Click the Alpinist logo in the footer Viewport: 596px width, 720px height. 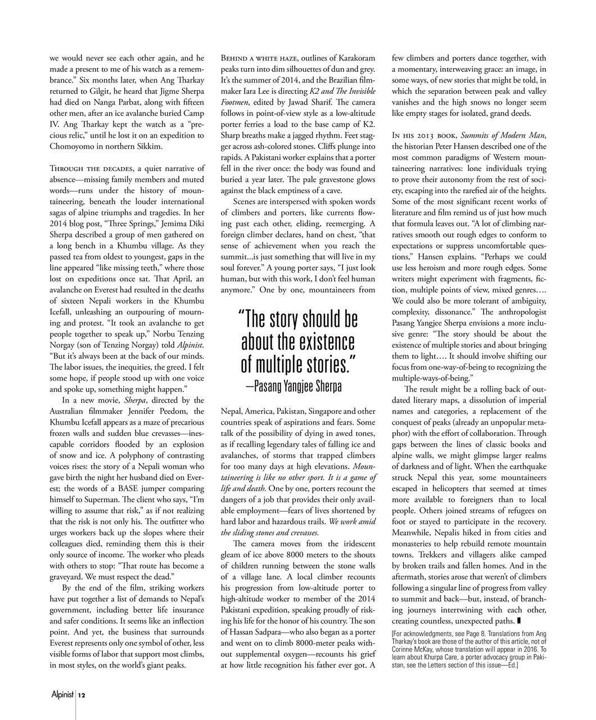pos(62,695)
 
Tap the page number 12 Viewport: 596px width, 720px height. pos(82,695)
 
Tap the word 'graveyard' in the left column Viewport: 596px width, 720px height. pos(69,577)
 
